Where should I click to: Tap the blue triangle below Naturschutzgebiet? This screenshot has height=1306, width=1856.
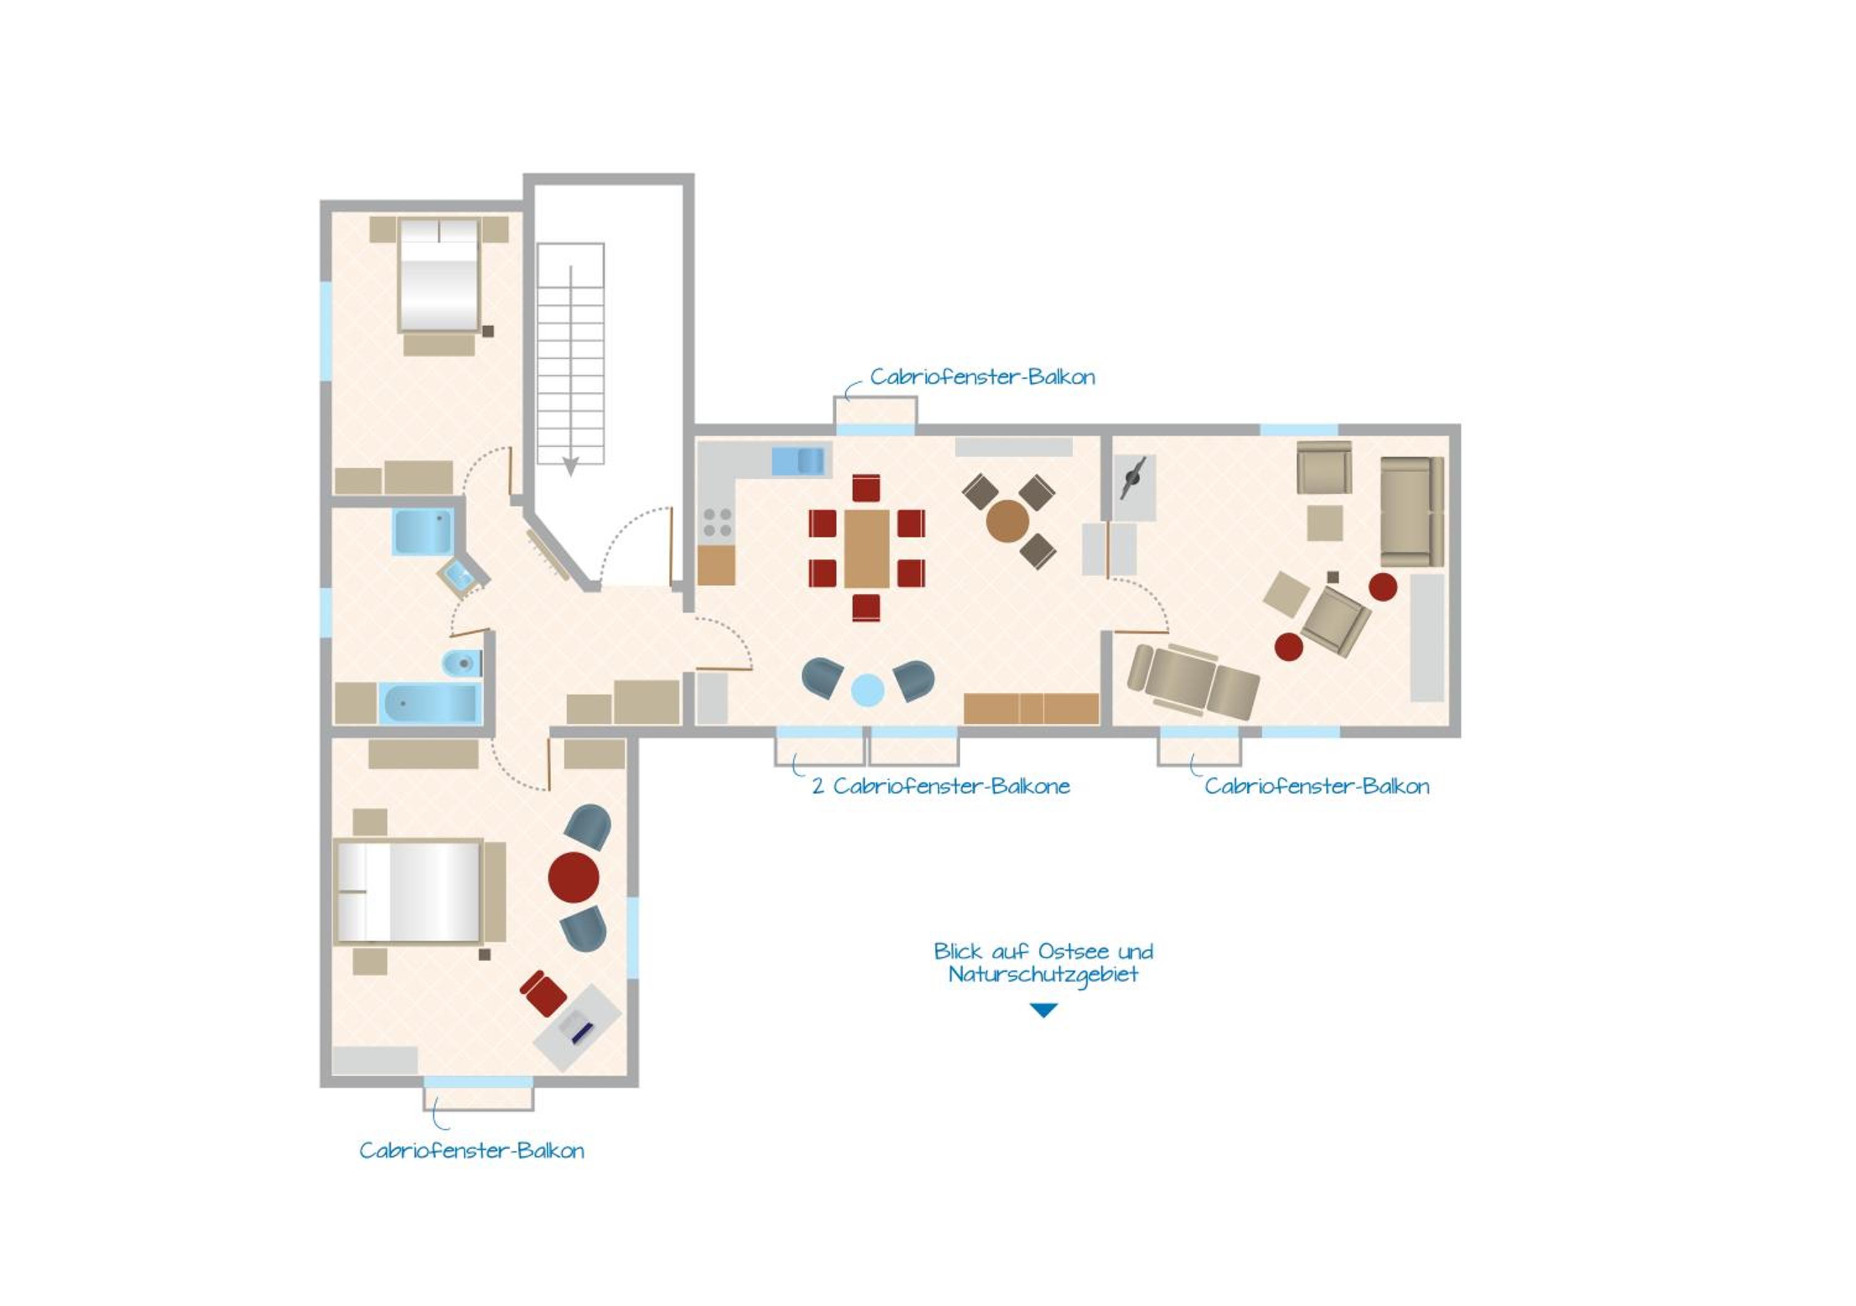[1044, 1010]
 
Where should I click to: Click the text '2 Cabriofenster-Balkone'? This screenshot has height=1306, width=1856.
[941, 786]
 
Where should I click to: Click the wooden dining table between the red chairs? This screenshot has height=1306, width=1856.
[867, 548]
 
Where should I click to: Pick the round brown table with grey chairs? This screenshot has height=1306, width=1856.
[1007, 521]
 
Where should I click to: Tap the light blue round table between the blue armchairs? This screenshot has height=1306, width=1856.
[867, 691]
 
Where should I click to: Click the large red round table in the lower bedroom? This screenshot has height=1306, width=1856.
[573, 878]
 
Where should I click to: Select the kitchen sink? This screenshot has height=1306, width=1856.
[799, 461]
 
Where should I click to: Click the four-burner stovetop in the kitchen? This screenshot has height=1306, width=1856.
[716, 522]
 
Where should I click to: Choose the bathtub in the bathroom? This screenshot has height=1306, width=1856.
[430, 704]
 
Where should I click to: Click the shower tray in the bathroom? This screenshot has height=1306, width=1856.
[423, 531]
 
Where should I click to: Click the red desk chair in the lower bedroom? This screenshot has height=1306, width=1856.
[543, 993]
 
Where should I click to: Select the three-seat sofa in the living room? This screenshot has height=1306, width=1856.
[1411, 511]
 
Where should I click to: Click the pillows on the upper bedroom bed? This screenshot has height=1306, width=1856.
[439, 230]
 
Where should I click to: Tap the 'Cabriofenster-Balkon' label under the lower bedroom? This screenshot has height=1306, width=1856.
[471, 1151]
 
